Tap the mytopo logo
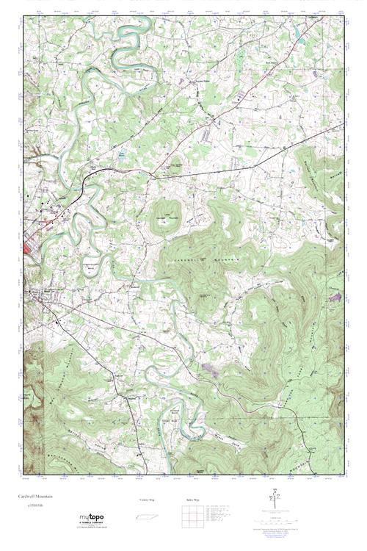pyautogui.click(x=91, y=518)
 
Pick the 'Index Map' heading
pyautogui.click(x=193, y=500)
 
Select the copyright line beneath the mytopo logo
pyautogui.click(x=91, y=527)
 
